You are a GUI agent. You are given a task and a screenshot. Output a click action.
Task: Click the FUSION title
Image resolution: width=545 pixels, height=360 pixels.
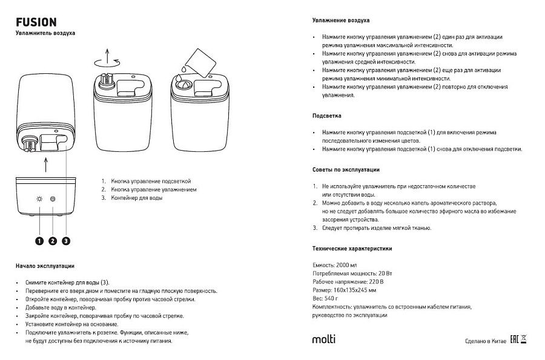point(36,21)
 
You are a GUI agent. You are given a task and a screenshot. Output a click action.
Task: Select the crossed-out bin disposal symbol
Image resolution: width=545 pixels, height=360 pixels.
point(524,339)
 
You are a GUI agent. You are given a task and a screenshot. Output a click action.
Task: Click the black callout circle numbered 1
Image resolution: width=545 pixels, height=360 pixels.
point(39,241)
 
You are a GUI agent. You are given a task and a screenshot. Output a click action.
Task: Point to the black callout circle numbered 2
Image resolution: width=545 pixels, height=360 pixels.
point(53,241)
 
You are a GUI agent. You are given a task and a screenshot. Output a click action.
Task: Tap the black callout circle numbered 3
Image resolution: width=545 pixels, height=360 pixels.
point(66,241)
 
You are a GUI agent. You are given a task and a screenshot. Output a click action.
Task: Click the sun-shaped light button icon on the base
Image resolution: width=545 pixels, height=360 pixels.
point(39,199)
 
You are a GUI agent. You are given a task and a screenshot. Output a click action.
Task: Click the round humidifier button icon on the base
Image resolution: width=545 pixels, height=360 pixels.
point(53,199)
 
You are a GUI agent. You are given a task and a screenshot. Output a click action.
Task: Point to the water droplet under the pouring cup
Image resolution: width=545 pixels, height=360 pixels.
point(180,77)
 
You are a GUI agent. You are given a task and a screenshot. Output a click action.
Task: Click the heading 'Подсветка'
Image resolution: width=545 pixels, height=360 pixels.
point(327,116)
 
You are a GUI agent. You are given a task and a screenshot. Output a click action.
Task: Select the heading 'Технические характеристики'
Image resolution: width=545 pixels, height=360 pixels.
point(352,249)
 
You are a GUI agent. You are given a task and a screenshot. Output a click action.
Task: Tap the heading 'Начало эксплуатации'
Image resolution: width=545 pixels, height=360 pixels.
point(45,266)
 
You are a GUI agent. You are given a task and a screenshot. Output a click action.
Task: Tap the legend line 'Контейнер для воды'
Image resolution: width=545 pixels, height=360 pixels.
point(136,198)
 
